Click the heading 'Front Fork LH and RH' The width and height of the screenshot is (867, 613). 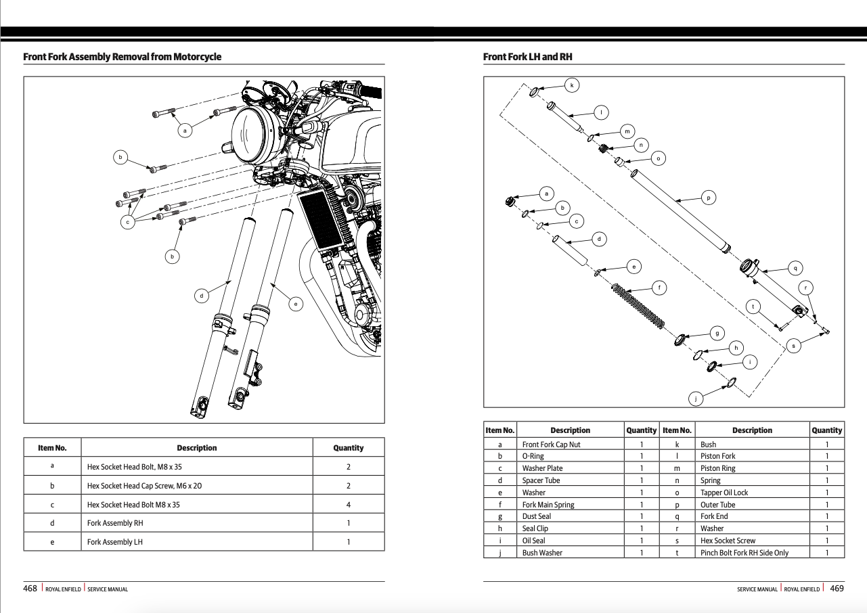(x=527, y=57)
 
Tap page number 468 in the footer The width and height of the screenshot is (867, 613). (x=30, y=589)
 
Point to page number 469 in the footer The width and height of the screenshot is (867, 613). (x=837, y=589)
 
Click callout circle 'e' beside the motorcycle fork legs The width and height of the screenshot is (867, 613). (x=296, y=304)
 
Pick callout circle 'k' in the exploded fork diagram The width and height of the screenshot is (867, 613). (x=572, y=85)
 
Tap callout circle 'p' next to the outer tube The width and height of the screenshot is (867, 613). (x=708, y=198)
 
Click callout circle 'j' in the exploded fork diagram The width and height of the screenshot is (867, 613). (x=695, y=398)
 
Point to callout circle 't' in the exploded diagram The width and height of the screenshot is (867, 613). (x=753, y=306)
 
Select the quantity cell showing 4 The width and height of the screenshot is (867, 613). (x=348, y=505)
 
